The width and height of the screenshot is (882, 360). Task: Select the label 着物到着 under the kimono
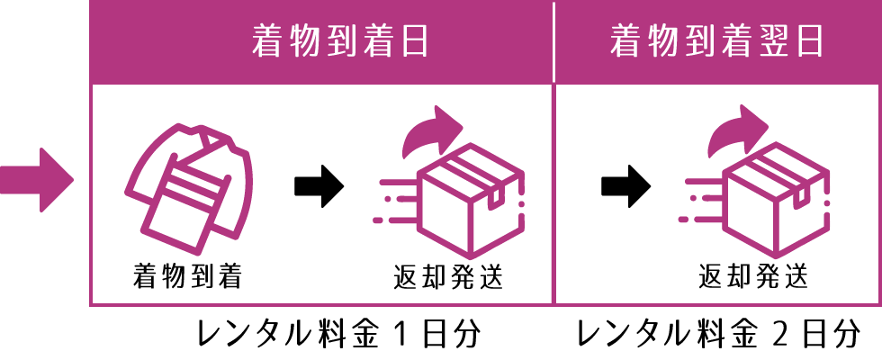pos(190,275)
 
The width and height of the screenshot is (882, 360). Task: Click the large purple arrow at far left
pos(36,179)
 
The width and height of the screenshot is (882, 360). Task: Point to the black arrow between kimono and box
pos(319,186)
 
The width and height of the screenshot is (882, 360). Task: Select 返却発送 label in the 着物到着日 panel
pos(448,275)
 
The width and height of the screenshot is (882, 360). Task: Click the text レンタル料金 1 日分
pos(337,337)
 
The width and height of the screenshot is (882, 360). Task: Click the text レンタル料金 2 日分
pos(717,337)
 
